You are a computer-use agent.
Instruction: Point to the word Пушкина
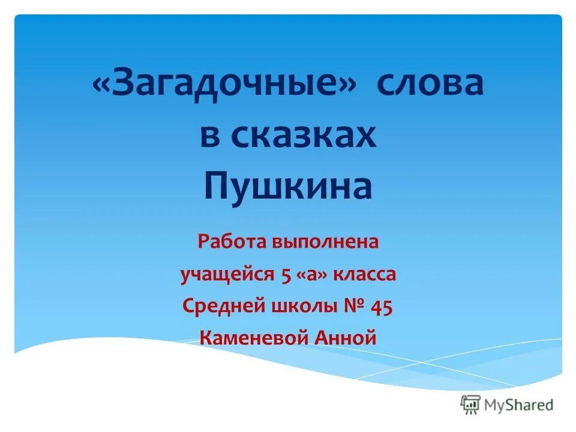pyautogui.click(x=288, y=187)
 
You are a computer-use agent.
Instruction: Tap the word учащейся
pyautogui.click(x=226, y=275)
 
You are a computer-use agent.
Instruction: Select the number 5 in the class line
pyautogui.click(x=285, y=275)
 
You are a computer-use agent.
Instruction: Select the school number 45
pyautogui.click(x=382, y=307)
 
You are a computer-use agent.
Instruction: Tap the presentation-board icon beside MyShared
pyautogui.click(x=470, y=404)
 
